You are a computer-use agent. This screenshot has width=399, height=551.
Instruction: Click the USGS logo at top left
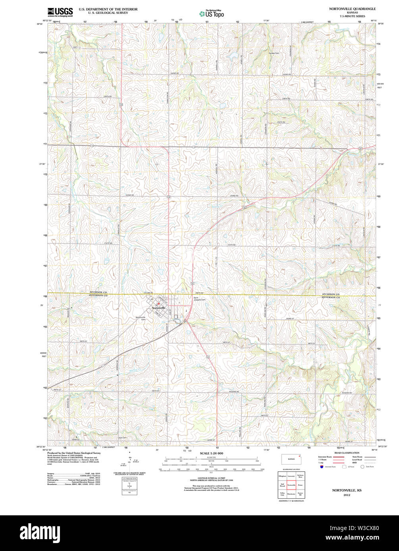[60, 12]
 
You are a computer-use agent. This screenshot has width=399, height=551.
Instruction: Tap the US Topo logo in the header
[212, 14]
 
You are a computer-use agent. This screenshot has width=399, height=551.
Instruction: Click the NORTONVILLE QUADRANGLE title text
[346, 8]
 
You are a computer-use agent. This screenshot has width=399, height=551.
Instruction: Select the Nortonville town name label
[158, 308]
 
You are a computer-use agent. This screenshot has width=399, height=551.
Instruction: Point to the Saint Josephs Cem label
[199, 299]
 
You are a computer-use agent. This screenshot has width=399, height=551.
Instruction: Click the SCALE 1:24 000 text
[211, 453]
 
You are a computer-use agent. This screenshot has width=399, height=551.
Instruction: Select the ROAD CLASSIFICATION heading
[347, 453]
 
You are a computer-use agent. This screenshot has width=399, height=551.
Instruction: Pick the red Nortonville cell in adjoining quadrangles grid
[291, 484]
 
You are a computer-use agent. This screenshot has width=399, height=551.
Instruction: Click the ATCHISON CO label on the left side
[98, 293]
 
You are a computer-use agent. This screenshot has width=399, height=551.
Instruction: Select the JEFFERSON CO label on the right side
[331, 297]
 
